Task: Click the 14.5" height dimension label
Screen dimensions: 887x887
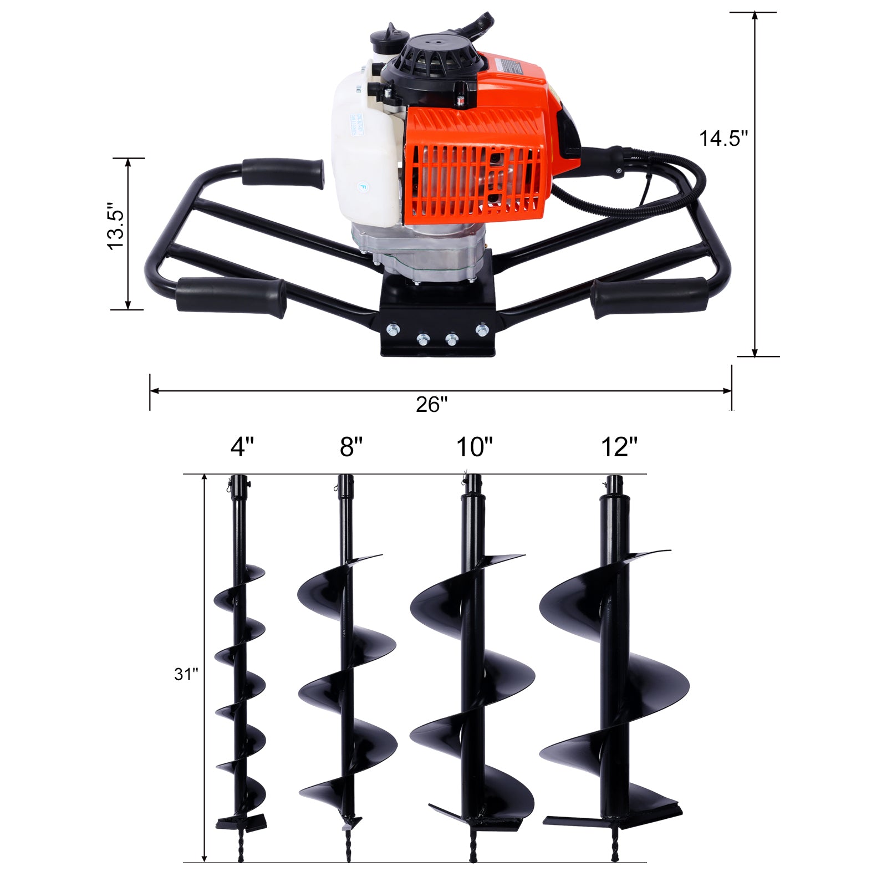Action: [x=723, y=138]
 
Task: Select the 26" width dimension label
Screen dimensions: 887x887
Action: [x=431, y=405]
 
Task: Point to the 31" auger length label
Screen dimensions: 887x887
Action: [x=186, y=674]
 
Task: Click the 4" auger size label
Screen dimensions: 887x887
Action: [x=242, y=447]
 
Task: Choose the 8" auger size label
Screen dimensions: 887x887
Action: [x=351, y=447]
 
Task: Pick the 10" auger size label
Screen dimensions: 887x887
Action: [x=475, y=447]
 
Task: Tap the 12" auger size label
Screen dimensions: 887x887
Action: [x=619, y=447]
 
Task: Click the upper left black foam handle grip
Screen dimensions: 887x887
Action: [x=282, y=172]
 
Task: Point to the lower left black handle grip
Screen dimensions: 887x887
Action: [x=231, y=297]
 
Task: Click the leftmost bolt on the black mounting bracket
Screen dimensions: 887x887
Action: [x=392, y=329]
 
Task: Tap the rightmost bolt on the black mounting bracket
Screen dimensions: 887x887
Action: [x=481, y=330]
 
